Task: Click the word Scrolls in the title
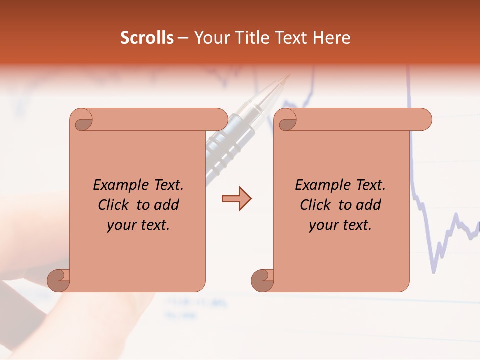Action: [147, 38]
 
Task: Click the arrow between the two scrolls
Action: [236, 199]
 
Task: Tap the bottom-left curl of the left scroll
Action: [58, 281]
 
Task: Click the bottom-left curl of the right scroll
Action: [262, 281]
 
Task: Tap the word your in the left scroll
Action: [121, 225]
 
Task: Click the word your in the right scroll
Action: [323, 225]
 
